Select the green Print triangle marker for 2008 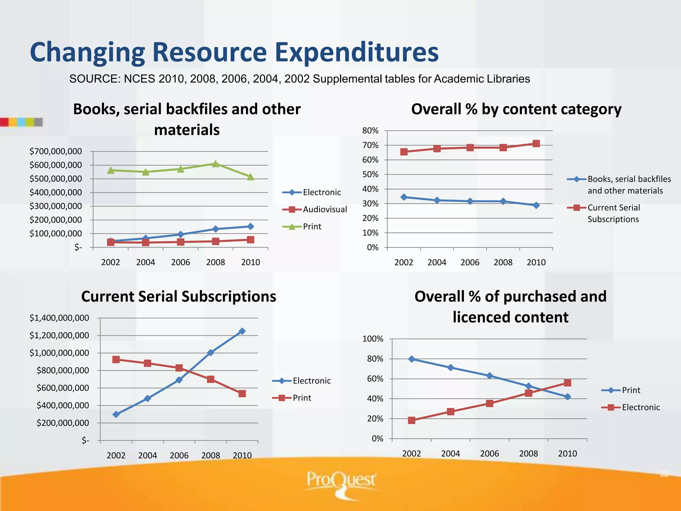[215, 164]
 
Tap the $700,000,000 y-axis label [56, 151]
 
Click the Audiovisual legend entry [325, 209]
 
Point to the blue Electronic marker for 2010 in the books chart [250, 227]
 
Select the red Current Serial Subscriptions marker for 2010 [536, 144]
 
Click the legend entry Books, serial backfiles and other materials [628, 185]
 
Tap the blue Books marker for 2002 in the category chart [404, 197]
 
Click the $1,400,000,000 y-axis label [59, 318]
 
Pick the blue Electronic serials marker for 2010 [242, 331]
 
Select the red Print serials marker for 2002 [116, 359]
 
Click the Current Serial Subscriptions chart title [179, 296]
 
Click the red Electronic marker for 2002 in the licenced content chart [412, 420]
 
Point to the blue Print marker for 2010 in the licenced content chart [568, 397]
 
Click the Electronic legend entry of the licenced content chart [640, 407]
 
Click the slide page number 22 [664, 474]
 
